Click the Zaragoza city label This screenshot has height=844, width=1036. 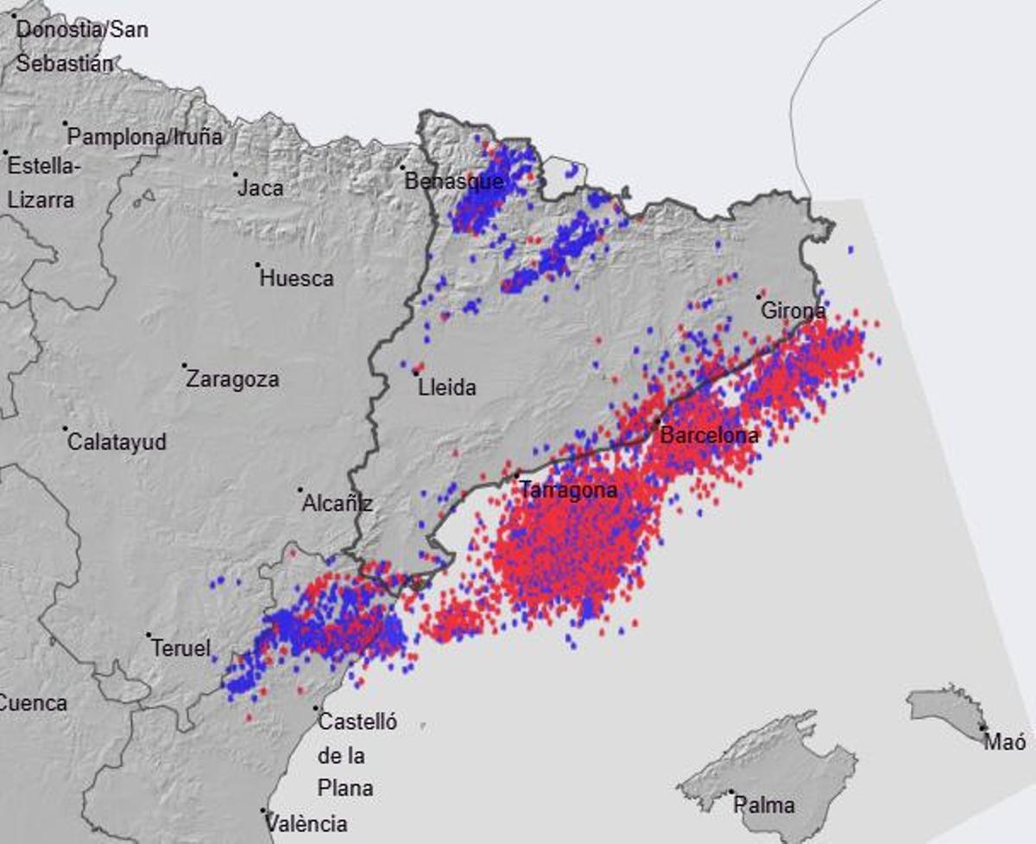pos(233,379)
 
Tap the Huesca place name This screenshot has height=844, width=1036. pos(296,278)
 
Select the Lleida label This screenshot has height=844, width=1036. pos(446,388)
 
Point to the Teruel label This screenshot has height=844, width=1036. pos(180,648)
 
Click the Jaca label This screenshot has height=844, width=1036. pos(261,187)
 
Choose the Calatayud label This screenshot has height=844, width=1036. pos(117,442)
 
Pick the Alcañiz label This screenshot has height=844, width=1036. pos(337,504)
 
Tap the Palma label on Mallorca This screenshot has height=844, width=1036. pos(764,805)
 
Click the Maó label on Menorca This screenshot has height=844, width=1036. pos(1006,741)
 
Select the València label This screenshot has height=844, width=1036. pos(306,823)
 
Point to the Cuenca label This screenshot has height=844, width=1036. pos(33,702)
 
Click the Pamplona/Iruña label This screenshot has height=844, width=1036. pos(145,136)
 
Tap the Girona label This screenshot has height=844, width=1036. pos(793,310)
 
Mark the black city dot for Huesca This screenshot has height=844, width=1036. pos(257,264)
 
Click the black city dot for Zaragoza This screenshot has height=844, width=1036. pos(184,365)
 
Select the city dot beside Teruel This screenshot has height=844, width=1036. pos(148,635)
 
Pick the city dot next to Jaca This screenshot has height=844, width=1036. pos(235,174)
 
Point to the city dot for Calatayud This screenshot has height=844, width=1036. pos(66,428)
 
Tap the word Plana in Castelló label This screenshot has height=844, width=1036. pos(345,788)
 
